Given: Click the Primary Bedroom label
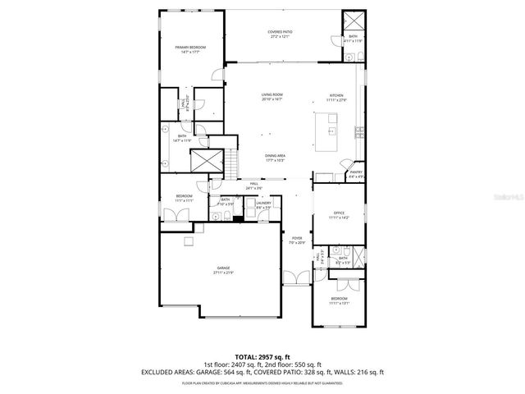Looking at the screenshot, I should pos(190,48).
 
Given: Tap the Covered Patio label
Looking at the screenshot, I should pos(281,31).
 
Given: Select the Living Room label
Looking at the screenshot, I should pos(272,95).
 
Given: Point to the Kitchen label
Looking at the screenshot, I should pos(337,95).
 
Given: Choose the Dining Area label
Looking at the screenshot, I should pos(275,155).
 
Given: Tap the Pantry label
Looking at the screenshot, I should pos(356,172).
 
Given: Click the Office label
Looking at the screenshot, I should pos(339,215).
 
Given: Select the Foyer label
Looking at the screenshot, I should pos(296,238).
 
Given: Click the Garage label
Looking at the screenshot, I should pos(223,269).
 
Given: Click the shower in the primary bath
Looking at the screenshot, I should pos(203,160).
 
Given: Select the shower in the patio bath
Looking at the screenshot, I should pos(354,21).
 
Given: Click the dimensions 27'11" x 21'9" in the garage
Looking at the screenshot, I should pos(223,273).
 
